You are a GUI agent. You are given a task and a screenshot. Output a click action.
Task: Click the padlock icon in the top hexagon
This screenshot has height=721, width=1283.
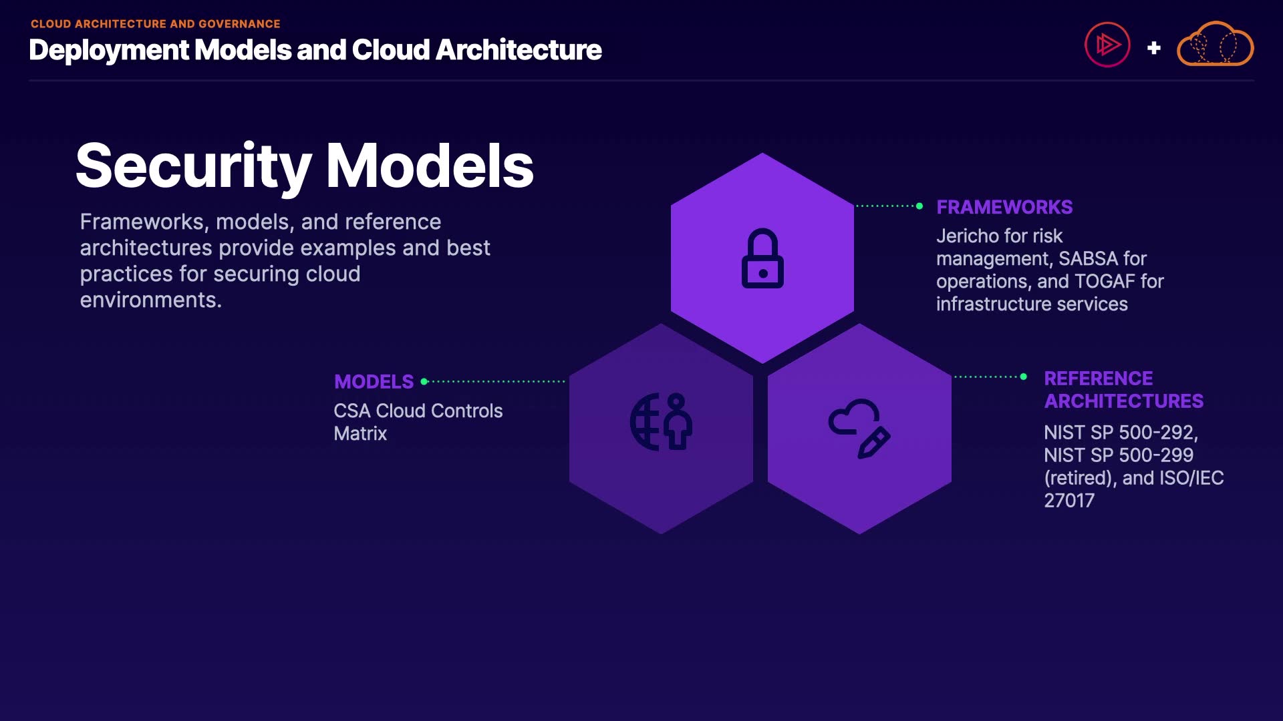[x=762, y=258]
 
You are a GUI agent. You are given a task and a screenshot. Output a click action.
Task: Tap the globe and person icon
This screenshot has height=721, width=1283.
[x=661, y=421]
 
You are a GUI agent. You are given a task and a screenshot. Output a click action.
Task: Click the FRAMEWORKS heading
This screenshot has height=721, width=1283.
[x=1004, y=207]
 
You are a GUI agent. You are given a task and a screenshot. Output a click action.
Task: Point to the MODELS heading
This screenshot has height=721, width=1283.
[x=374, y=382]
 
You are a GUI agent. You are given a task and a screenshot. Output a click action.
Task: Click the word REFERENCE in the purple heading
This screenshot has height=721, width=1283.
[x=1099, y=379]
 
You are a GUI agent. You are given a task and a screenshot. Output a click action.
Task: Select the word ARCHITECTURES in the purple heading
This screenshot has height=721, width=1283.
[x=1124, y=401]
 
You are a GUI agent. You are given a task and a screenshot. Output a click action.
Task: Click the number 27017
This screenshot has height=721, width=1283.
[x=1069, y=501]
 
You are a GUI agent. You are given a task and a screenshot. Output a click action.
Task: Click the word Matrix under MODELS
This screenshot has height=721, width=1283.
[x=360, y=434]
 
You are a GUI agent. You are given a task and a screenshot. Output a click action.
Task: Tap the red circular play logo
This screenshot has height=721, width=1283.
[x=1107, y=45]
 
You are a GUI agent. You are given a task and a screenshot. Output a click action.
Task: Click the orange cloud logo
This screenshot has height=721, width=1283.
[x=1215, y=44]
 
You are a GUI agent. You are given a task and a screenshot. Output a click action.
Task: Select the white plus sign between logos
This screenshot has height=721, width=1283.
[x=1153, y=48]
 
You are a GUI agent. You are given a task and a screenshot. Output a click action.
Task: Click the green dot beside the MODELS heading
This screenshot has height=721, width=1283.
[x=424, y=382]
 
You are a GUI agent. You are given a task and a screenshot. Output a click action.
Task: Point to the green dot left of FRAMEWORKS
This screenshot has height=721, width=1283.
[x=919, y=206]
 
